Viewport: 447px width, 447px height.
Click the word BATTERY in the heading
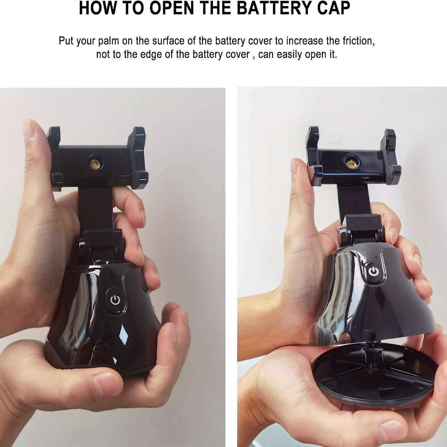point(275,8)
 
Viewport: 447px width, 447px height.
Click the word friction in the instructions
point(359,41)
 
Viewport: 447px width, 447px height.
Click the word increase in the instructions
point(304,41)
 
